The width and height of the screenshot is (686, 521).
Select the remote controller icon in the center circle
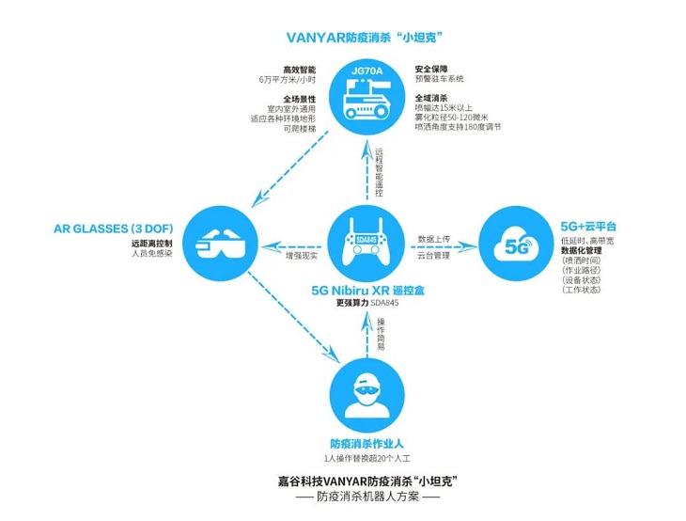365,244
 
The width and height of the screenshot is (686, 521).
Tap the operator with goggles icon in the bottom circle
365,396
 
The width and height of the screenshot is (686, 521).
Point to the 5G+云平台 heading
588,228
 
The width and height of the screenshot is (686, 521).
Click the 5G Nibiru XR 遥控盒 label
367,291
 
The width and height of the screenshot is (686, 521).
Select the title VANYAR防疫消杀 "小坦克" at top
365,38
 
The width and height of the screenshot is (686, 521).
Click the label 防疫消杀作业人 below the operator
366,443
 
